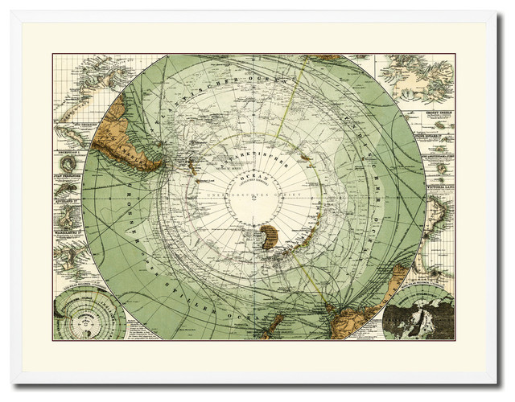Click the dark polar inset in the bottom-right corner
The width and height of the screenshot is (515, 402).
pyautogui.click(x=418, y=314)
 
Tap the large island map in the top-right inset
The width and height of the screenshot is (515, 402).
pyautogui.click(x=414, y=80)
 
